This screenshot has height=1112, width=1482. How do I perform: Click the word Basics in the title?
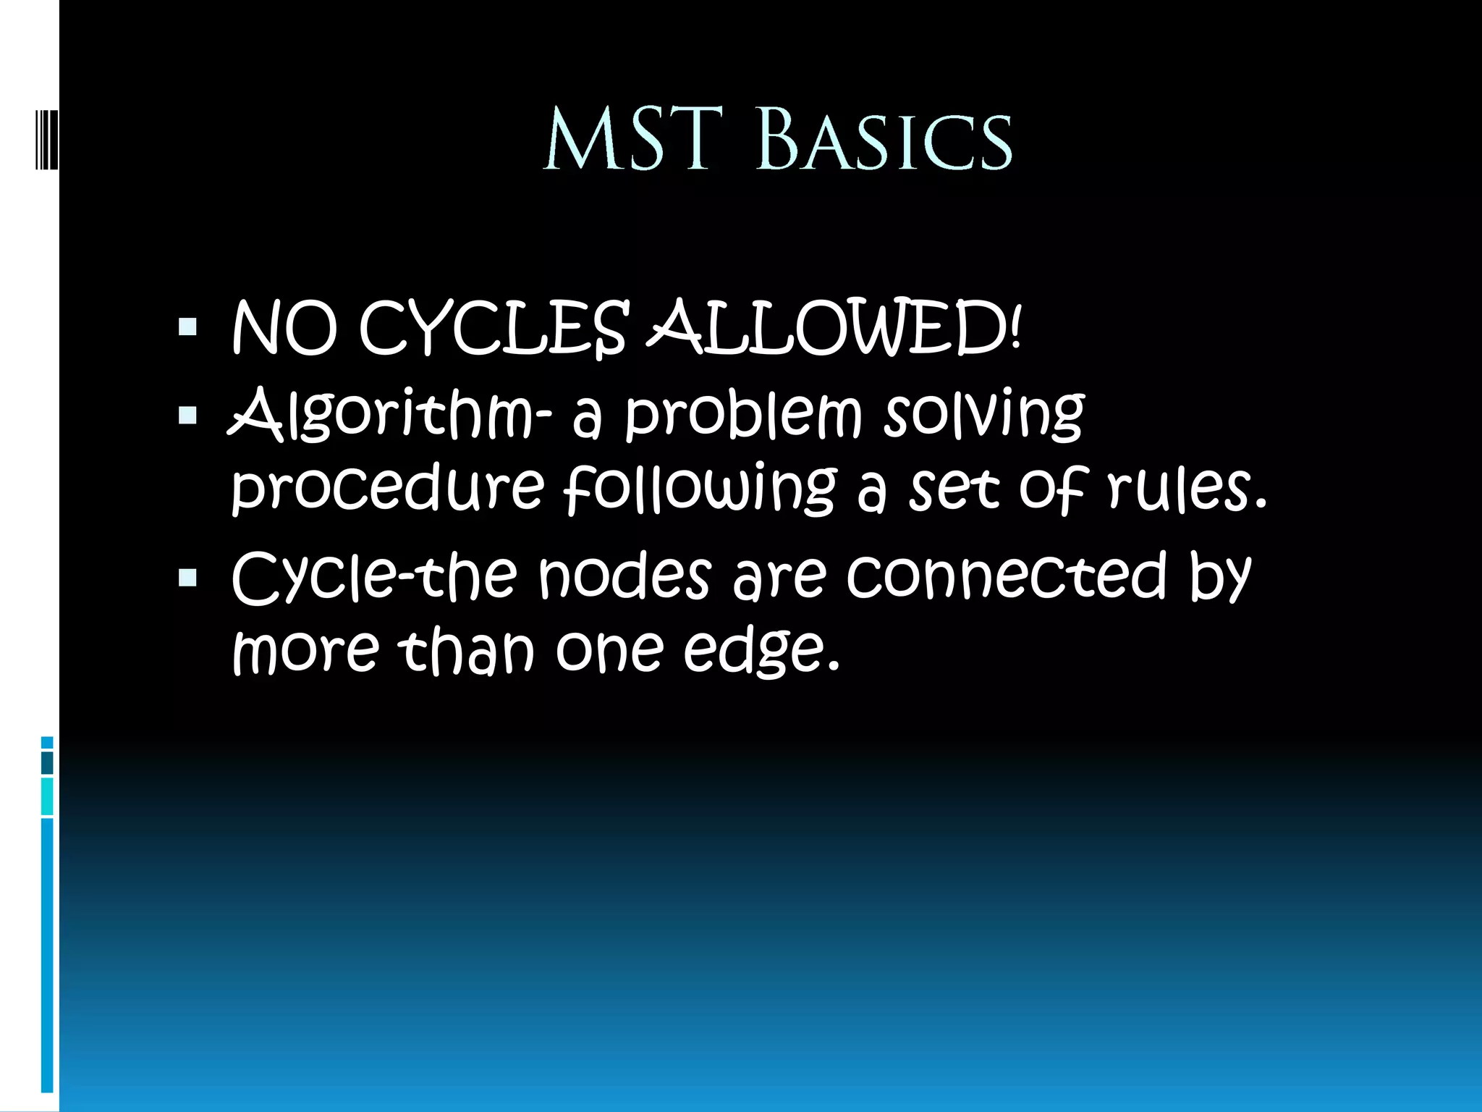(x=884, y=142)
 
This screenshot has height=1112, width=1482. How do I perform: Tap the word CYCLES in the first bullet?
(x=492, y=330)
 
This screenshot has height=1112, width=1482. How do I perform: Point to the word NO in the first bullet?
(x=284, y=330)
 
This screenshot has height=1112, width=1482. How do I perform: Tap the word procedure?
(x=387, y=491)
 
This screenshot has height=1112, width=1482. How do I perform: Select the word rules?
(x=1187, y=491)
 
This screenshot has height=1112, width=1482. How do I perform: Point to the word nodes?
(x=624, y=576)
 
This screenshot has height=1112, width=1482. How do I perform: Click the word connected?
(x=1006, y=576)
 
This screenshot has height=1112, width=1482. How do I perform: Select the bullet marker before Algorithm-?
(x=187, y=415)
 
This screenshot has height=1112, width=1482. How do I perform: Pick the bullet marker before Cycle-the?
(x=187, y=577)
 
